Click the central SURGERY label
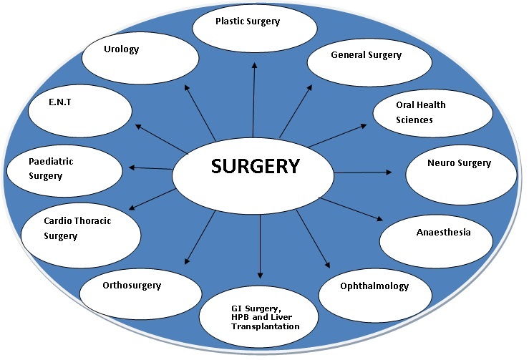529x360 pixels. pos(255,167)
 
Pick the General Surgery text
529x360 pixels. pos(366,55)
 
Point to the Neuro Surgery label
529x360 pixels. pos(459,163)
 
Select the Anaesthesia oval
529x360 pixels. pos(443,233)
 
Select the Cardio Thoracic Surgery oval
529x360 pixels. pos(78,228)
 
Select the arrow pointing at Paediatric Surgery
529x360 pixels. pos(152,168)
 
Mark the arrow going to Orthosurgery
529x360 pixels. pos(200,238)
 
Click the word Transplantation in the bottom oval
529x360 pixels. pos(265,326)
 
